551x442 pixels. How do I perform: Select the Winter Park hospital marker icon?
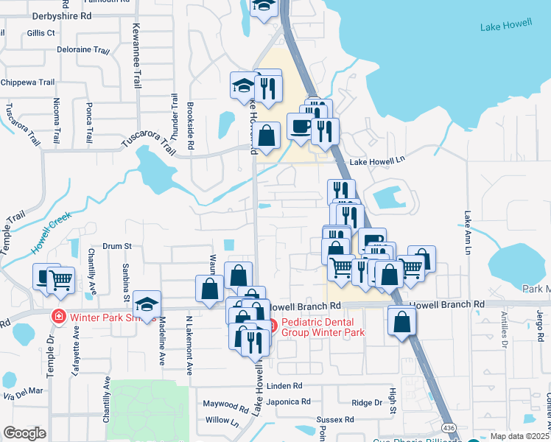coord(57,317)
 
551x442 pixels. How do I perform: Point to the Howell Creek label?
coord(51,232)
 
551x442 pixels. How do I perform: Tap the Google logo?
coord(24,432)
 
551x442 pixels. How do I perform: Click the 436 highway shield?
coord(449,428)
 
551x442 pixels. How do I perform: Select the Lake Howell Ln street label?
coord(377,161)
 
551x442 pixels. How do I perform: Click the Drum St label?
coord(116,246)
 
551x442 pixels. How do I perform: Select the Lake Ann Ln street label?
coord(466,233)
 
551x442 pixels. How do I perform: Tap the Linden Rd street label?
coord(284,385)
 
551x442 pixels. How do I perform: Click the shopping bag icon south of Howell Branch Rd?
coord(401,322)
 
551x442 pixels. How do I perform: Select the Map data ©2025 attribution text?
coord(519,436)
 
